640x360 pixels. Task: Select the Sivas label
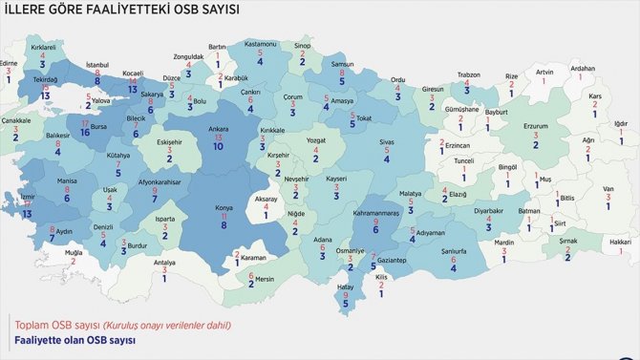(386, 141)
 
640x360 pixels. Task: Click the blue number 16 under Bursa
(85, 135)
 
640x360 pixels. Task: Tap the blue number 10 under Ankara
(218, 147)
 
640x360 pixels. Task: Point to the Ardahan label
(582, 68)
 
